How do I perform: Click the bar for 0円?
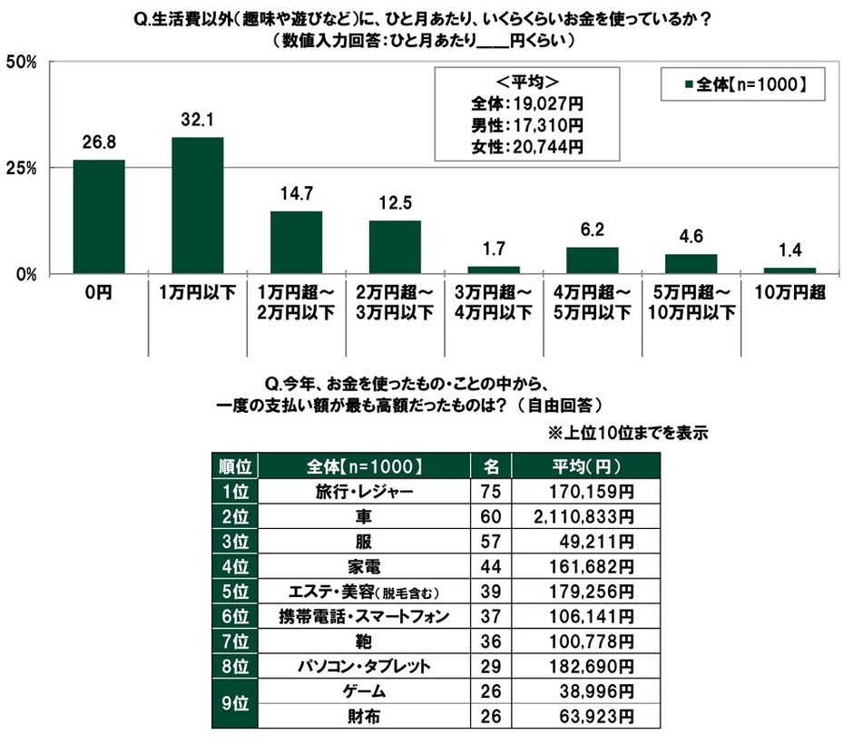point(99,217)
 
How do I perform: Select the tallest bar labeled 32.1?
point(197,205)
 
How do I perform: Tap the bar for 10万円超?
point(789,269)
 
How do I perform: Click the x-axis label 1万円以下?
point(197,295)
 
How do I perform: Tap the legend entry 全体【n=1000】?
point(741,85)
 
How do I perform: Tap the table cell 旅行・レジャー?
point(366,492)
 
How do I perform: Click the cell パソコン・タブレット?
point(366,666)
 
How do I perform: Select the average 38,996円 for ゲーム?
point(594,690)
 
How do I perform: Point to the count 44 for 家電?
point(491,567)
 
